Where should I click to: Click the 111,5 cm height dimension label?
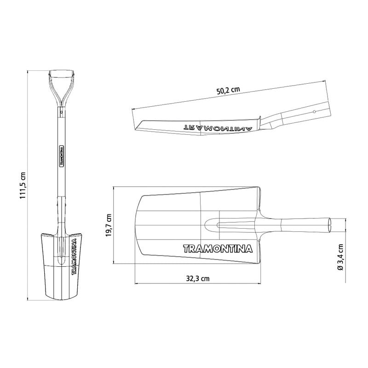(x=23, y=185)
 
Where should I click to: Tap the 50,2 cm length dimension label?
(x=228, y=90)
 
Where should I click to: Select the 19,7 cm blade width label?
(x=109, y=225)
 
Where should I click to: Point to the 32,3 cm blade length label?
(x=198, y=279)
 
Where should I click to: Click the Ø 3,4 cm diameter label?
(x=340, y=257)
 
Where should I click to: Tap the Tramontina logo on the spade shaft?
(x=62, y=155)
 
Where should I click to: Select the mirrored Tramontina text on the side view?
(x=217, y=128)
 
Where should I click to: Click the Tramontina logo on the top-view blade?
(x=218, y=248)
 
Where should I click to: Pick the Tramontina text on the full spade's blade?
(x=75, y=256)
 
